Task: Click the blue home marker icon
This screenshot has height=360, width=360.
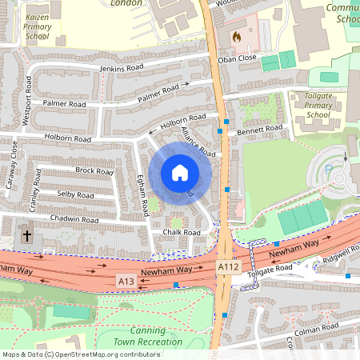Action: pos(180,172)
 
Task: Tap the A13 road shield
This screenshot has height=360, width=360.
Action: pos(126,282)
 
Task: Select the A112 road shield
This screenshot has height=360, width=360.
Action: pos(229,273)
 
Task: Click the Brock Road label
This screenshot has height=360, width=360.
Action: pos(94,171)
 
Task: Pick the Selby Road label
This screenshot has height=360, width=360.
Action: pos(75,194)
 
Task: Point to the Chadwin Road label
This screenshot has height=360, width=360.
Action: pos(74,219)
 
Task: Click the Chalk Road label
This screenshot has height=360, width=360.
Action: pos(181,233)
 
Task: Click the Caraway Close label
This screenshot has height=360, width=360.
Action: pos(11,165)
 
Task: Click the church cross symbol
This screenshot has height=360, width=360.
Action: pos(27,236)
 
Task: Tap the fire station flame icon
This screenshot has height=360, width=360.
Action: pos(236,37)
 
